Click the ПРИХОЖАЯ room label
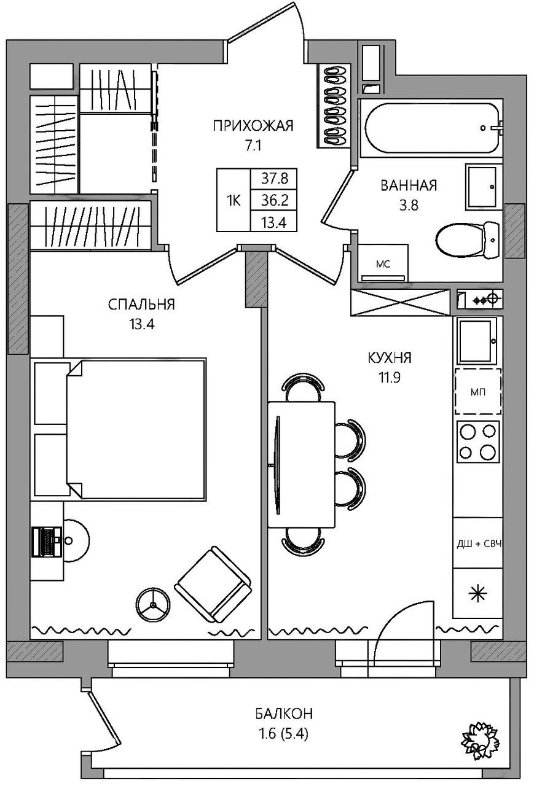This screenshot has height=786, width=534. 253,126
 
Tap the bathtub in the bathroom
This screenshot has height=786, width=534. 432,128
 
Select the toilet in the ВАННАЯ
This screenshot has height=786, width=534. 467,240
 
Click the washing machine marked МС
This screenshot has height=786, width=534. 383,263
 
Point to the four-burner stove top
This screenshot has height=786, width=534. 477,442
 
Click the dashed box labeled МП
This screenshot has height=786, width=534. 478,392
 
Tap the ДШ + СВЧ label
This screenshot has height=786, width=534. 479,544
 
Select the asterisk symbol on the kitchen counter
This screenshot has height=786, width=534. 478,593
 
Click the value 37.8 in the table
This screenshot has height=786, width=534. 274,179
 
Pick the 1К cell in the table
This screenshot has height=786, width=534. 233,201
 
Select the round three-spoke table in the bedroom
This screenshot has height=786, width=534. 153,605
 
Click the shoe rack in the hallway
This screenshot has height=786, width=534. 334,106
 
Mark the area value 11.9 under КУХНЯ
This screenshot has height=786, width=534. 390,378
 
